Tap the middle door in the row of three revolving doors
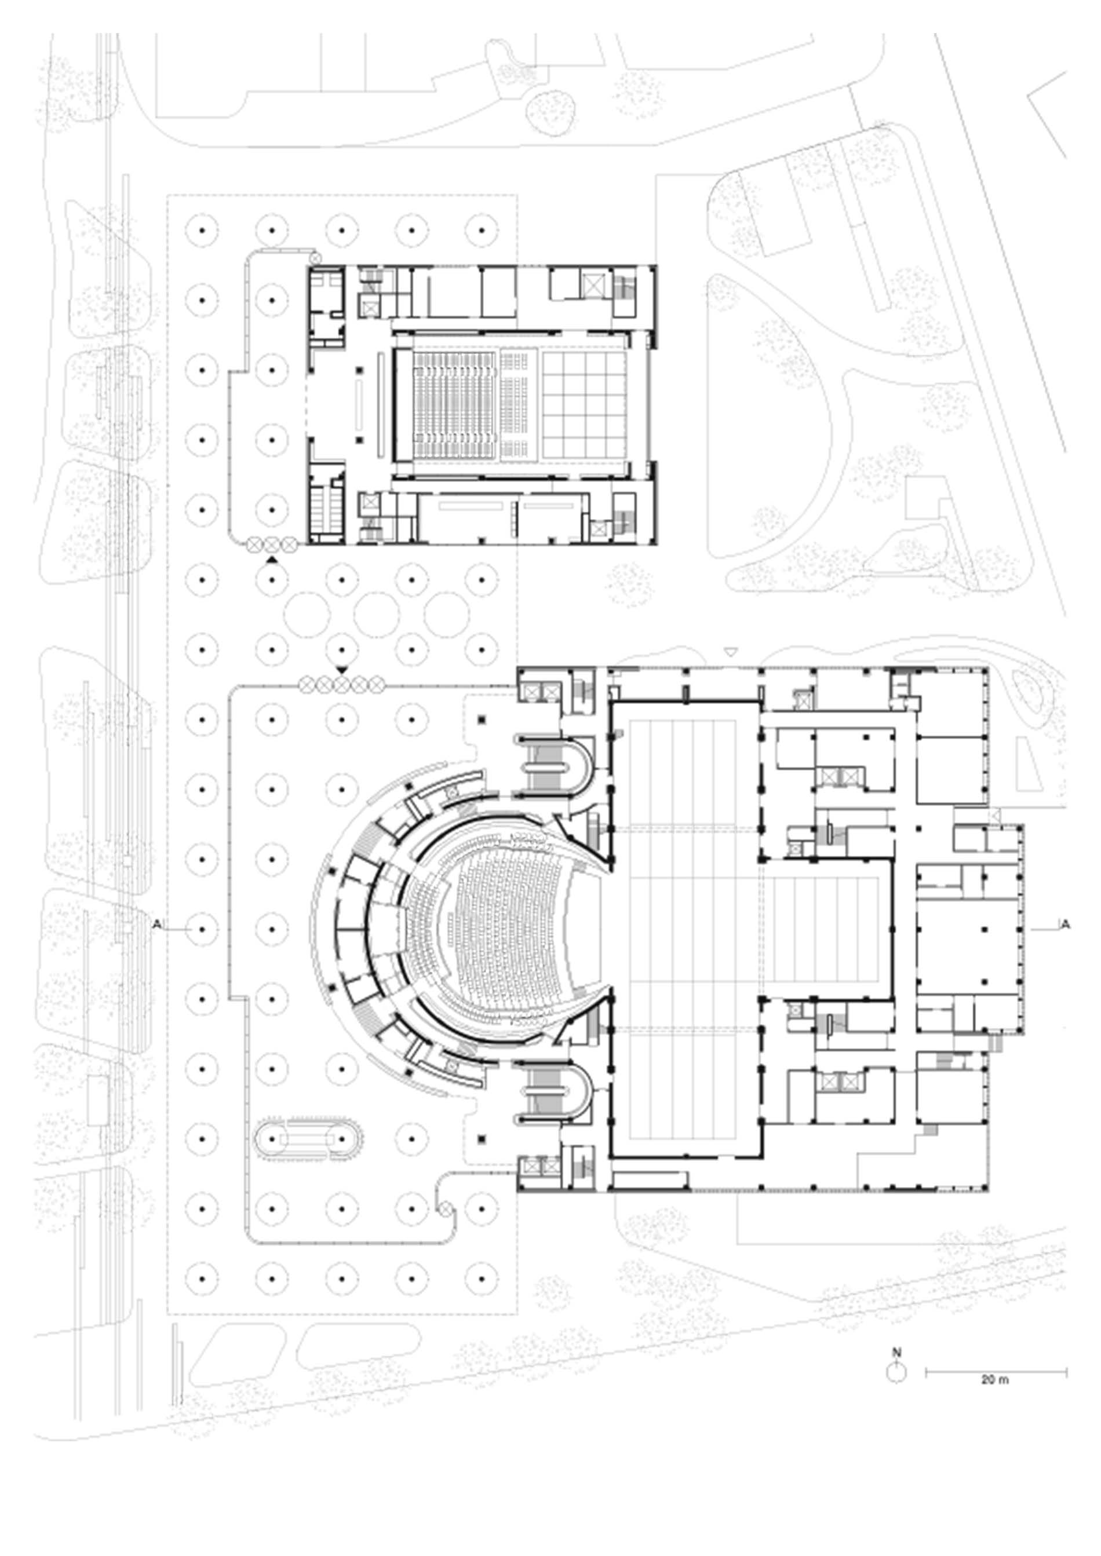[x=271, y=543]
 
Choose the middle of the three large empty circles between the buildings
[x=377, y=615]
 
